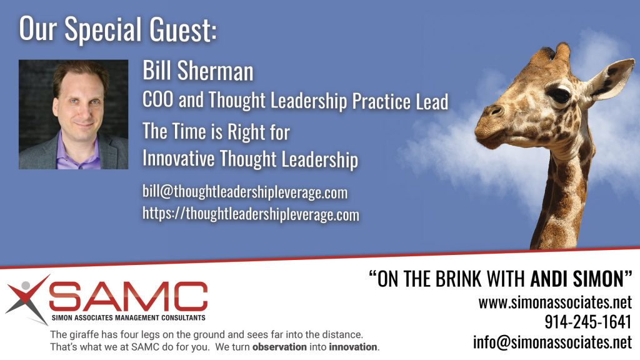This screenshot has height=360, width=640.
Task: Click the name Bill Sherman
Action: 198,71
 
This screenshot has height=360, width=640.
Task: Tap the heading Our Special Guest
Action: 117,29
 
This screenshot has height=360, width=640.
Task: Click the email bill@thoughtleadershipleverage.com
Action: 245,192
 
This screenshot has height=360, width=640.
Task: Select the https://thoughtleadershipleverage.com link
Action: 251,214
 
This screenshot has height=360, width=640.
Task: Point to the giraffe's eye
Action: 558,95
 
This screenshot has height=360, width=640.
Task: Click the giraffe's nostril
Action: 495,110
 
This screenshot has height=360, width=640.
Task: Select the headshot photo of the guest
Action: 74,114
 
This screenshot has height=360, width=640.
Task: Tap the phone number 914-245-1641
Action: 588,322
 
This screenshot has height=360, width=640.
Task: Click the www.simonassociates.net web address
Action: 555,302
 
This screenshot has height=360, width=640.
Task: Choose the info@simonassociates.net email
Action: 552,342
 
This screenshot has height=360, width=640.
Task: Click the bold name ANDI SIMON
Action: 577,279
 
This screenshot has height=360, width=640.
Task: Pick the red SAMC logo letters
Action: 128,296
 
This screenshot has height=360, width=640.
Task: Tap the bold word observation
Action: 279,347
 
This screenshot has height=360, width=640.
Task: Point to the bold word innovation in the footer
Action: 353,347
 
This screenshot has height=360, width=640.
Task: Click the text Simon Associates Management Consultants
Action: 129,317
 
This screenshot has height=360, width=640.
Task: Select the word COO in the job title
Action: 157,99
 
